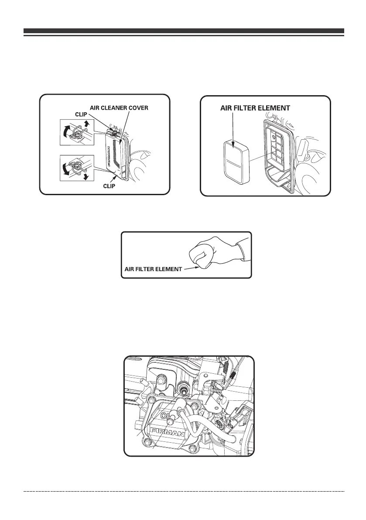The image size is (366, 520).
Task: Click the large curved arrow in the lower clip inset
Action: pos(66,169)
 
